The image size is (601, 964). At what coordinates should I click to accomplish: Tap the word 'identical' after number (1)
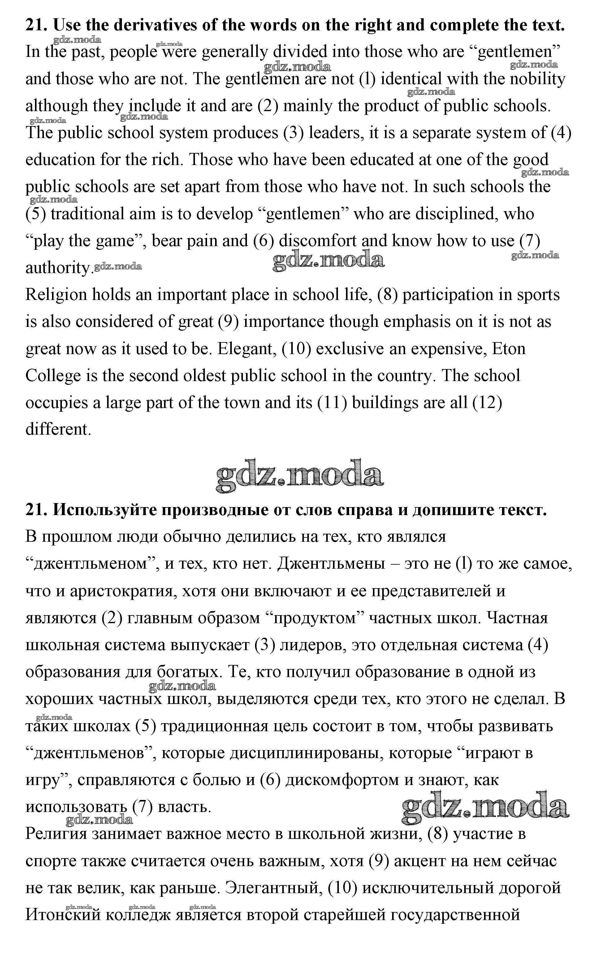click(411, 79)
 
